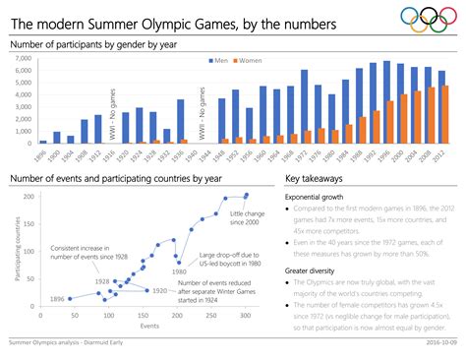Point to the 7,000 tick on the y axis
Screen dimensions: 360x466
coord(25,59)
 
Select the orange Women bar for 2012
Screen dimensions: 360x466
coord(444,114)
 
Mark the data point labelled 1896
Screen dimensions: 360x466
coord(72,298)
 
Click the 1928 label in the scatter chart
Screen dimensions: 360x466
coord(101,281)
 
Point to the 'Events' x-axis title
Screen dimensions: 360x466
coord(149,325)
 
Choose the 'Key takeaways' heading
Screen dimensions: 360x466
coord(315,179)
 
